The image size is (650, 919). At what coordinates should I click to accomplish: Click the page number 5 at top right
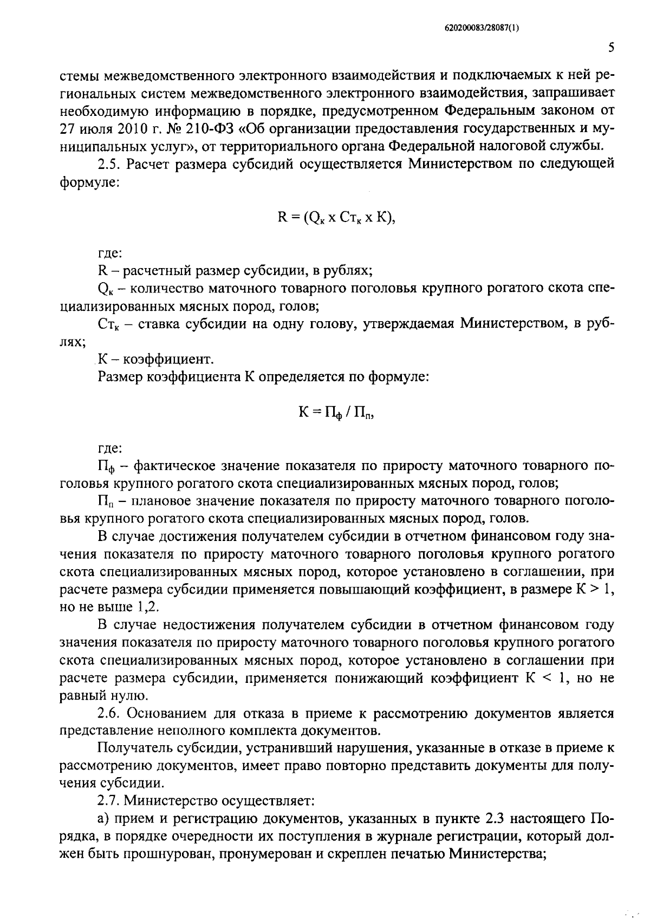click(610, 48)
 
